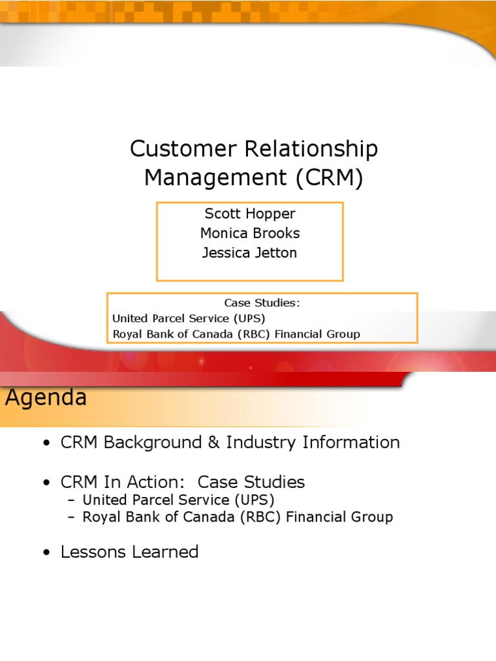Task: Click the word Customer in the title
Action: (x=183, y=149)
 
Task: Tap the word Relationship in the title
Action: (x=311, y=150)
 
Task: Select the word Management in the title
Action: (x=216, y=178)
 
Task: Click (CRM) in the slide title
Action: (x=329, y=178)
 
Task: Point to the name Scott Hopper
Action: (x=250, y=214)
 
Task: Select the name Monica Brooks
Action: (x=250, y=232)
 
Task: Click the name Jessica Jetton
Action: (x=249, y=252)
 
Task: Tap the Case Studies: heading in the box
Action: (x=262, y=303)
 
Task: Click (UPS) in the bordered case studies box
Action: (x=249, y=318)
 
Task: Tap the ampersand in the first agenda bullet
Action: (x=214, y=442)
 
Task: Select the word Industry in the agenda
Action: (x=261, y=443)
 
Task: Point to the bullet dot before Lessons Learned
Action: (x=46, y=553)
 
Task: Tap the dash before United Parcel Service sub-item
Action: (x=71, y=500)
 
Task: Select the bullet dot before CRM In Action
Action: (x=46, y=482)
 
